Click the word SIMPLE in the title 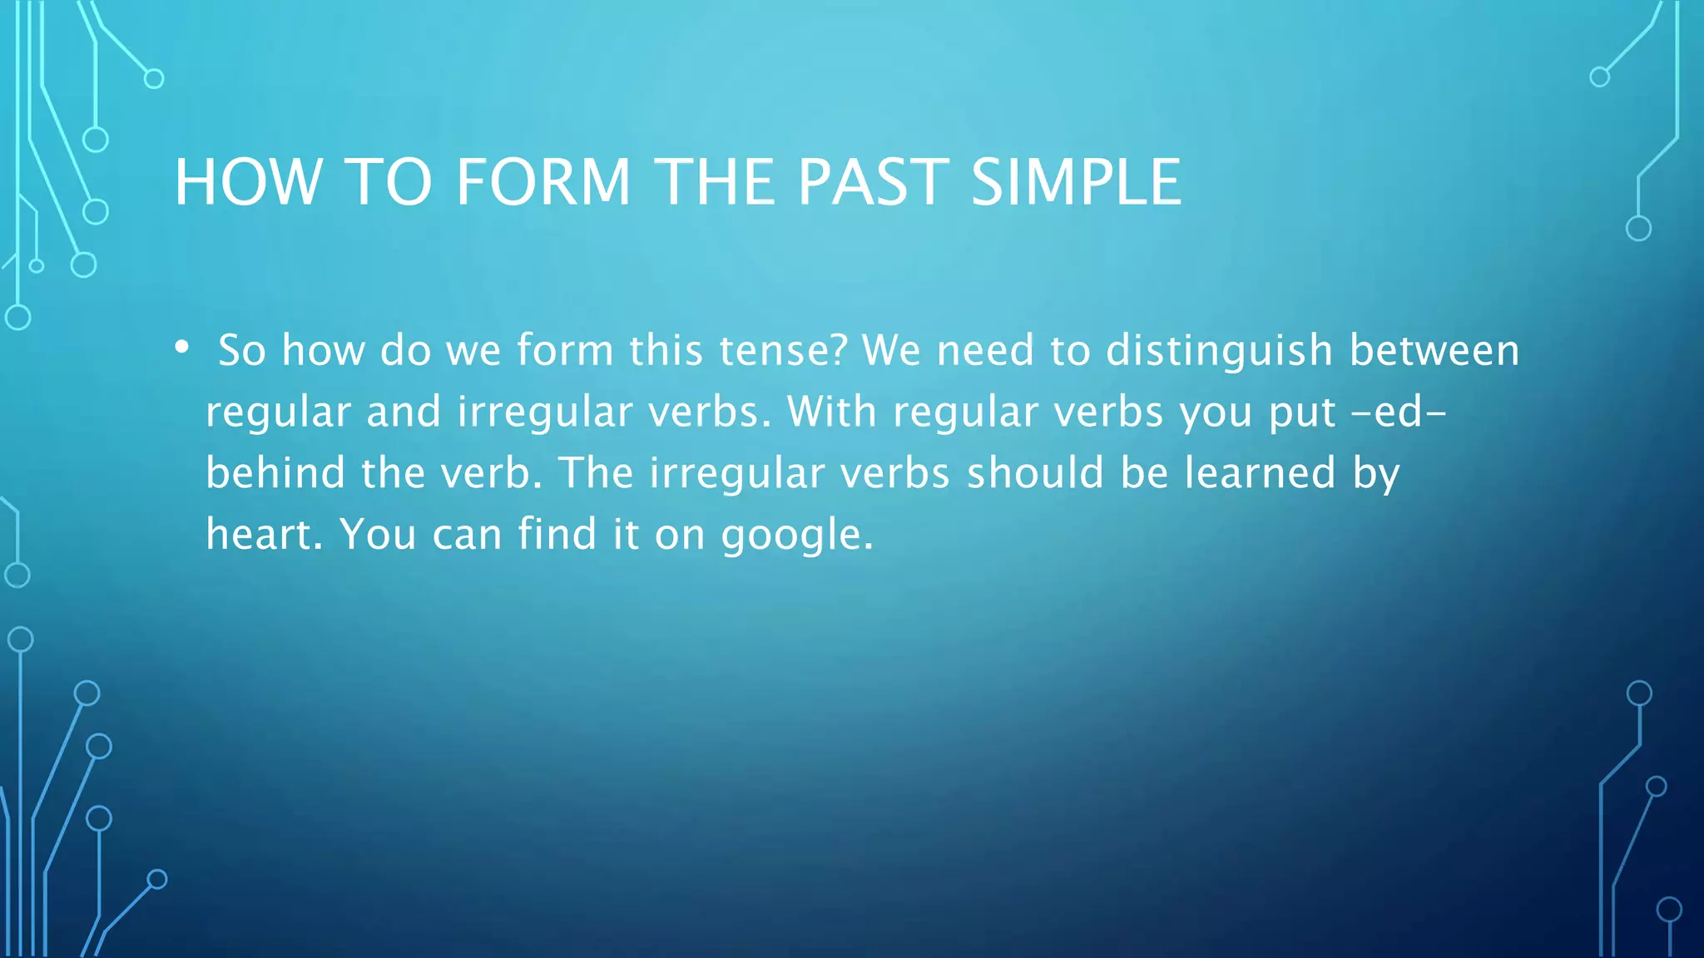(1076, 182)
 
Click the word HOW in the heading (248, 182)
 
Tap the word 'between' (1434, 350)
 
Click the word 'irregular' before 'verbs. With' (545, 412)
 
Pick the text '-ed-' (1399, 412)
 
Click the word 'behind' (275, 472)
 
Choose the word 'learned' (1260, 472)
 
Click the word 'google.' (797, 536)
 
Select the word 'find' (557, 534)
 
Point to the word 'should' (1035, 472)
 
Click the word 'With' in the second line (832, 412)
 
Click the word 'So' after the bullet (242, 350)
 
